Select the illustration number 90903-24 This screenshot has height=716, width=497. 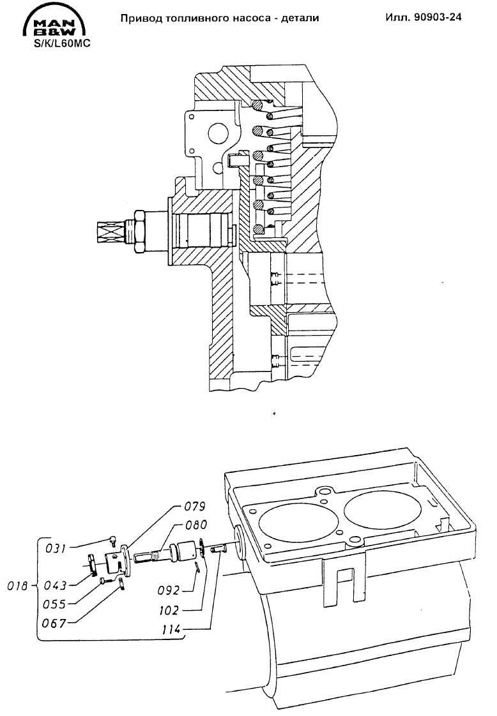pyautogui.click(x=438, y=17)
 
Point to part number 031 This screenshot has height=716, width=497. pyautogui.click(x=56, y=548)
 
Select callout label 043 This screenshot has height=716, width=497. pyautogui.click(x=56, y=585)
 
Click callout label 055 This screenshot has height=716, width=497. pyautogui.click(x=54, y=604)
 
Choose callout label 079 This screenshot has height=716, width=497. pyautogui.click(x=195, y=507)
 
